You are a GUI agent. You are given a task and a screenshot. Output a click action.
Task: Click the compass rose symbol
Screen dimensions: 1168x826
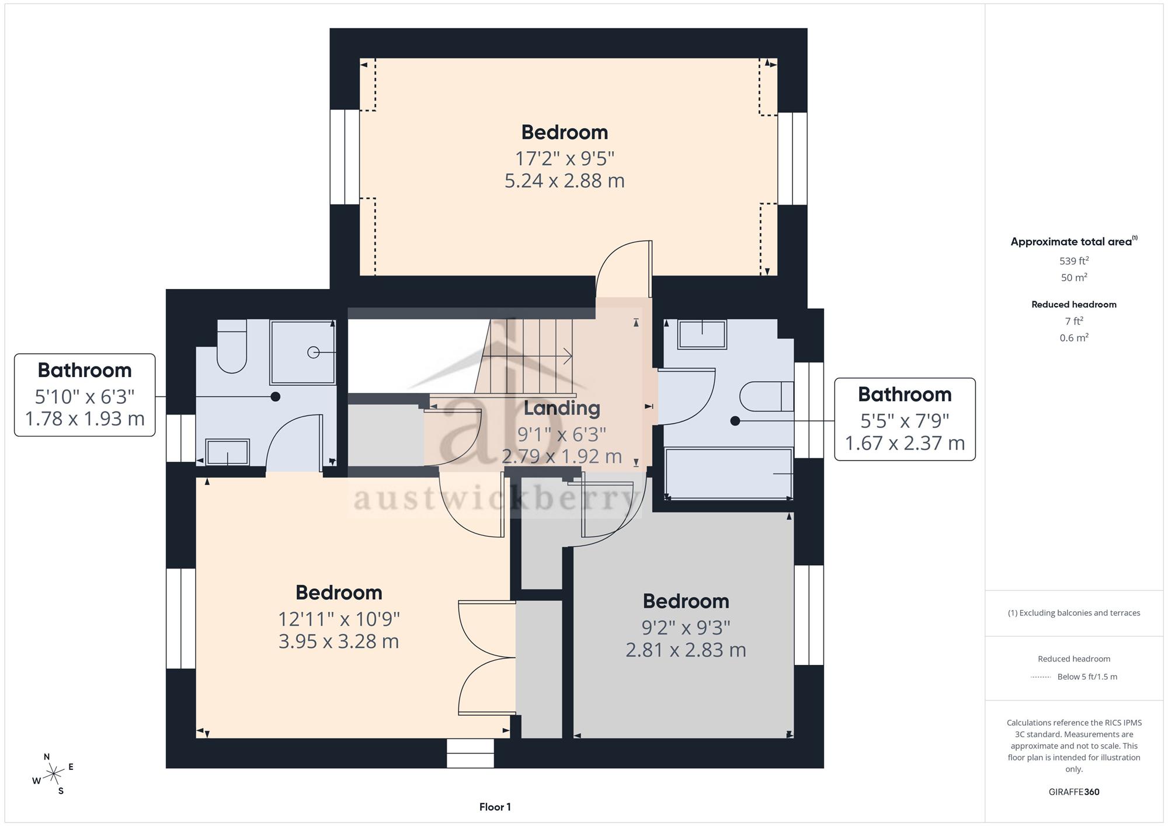pos(54,774)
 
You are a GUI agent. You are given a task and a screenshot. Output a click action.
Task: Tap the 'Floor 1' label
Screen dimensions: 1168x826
pos(495,807)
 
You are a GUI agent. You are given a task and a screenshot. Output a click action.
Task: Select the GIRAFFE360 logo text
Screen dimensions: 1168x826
pos(1074,792)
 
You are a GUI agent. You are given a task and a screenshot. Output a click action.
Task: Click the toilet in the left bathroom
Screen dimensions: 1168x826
pos(232,346)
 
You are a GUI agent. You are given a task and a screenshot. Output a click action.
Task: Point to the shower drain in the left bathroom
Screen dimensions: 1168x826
pos(314,353)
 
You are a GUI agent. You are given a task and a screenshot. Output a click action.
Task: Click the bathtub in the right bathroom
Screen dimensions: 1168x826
pos(729,473)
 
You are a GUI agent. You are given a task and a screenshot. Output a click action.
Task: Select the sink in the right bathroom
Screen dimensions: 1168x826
pos(702,334)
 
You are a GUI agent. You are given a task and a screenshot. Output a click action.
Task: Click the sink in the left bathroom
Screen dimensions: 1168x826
pos(228,452)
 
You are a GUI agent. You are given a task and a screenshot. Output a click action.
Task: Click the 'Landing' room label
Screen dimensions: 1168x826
pos(562,407)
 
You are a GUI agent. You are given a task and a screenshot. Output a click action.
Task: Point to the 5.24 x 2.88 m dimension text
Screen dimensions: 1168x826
pos(565,180)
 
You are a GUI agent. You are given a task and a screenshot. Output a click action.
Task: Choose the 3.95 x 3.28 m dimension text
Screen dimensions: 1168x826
pos(339,641)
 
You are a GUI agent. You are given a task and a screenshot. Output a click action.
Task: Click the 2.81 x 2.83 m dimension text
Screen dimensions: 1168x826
pos(686,650)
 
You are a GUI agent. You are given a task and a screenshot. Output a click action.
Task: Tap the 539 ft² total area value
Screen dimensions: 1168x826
pos(1074,261)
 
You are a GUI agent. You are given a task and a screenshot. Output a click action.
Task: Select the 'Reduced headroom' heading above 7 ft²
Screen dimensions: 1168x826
pos(1074,304)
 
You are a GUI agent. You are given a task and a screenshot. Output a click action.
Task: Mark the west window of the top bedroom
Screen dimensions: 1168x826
pos(345,157)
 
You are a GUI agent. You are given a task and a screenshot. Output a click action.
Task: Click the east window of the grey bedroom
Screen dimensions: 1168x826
pos(809,615)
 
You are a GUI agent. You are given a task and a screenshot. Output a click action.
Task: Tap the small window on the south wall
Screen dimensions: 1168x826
pos(470,753)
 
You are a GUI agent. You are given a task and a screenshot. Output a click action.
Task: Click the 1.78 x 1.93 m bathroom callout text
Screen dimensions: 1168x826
pos(85,419)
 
